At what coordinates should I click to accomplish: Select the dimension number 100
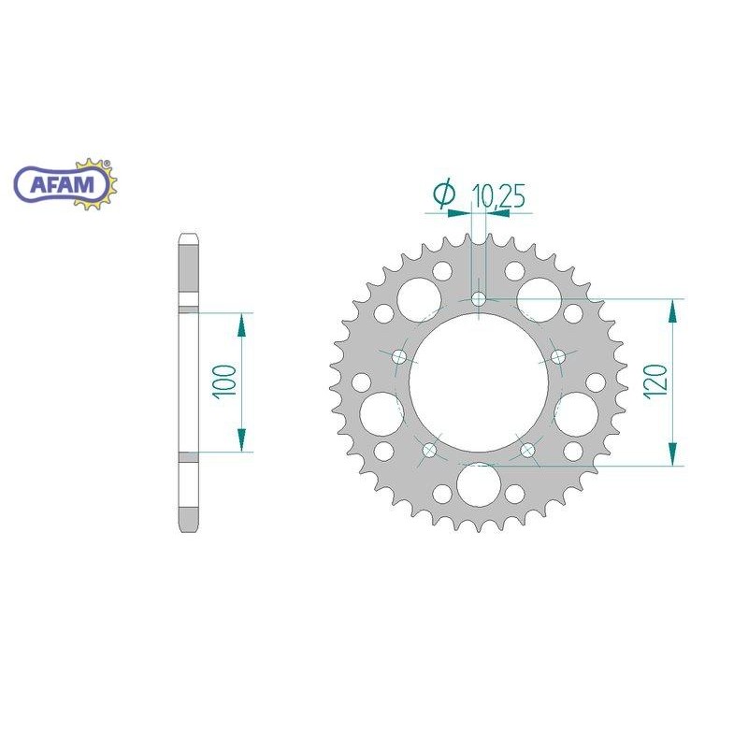click(224, 382)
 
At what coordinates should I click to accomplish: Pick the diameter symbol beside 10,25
click(444, 194)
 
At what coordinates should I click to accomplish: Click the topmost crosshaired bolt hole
click(480, 299)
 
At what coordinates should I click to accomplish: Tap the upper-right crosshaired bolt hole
click(559, 356)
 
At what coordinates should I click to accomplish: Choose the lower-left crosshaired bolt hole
click(430, 451)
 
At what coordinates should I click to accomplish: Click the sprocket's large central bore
click(480, 383)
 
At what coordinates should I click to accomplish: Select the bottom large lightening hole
click(480, 484)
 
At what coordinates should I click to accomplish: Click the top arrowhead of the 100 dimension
click(241, 324)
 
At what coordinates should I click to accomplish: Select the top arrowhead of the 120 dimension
click(672, 311)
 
